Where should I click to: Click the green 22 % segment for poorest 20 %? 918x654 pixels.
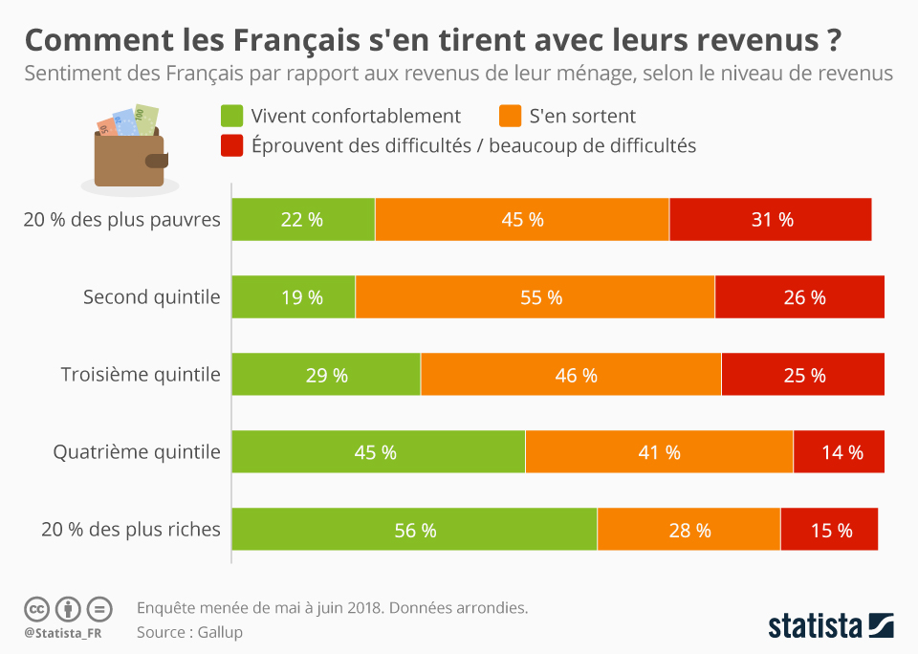pyautogui.click(x=303, y=219)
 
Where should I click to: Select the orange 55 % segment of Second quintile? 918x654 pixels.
pyautogui.click(x=535, y=297)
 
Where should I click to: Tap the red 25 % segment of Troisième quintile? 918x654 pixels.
pyautogui.click(x=802, y=375)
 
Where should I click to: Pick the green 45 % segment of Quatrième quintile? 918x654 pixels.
pyautogui.click(x=378, y=452)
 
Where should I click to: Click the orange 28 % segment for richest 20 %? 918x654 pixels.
pyautogui.click(x=688, y=530)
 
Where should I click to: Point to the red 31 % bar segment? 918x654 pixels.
pyautogui.click(x=771, y=219)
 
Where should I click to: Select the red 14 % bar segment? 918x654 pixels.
pyautogui.click(x=839, y=452)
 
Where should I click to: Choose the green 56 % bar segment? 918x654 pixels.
pyautogui.click(x=414, y=530)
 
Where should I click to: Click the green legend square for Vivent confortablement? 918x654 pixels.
pyautogui.click(x=231, y=117)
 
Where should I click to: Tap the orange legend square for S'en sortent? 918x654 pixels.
pyautogui.click(x=510, y=117)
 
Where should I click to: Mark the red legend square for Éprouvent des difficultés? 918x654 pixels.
pyautogui.click(x=231, y=145)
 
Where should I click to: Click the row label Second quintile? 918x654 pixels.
pyautogui.click(x=151, y=297)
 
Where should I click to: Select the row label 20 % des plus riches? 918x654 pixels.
pyautogui.click(x=131, y=529)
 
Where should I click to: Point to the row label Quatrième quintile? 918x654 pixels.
pyautogui.click(x=137, y=452)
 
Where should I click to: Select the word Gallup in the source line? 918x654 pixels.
pyautogui.click(x=221, y=632)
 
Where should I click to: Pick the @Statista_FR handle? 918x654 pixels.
pyautogui.click(x=64, y=632)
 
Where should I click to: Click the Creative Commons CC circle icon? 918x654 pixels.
pyautogui.click(x=36, y=608)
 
